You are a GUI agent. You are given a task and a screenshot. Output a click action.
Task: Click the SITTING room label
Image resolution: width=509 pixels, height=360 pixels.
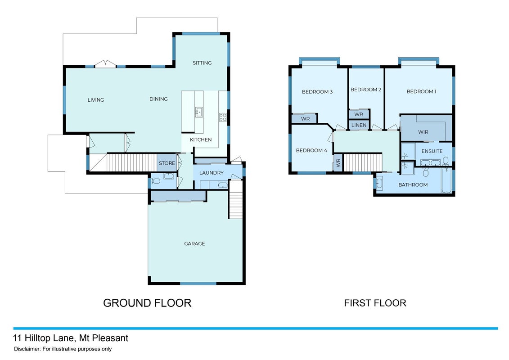coord(202,63)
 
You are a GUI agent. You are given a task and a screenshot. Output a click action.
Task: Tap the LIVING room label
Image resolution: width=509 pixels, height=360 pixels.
coord(96,100)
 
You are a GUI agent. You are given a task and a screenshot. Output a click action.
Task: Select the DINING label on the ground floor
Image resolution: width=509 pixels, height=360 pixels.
coord(158,99)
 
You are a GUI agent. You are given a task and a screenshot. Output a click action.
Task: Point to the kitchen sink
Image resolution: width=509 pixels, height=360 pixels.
coord(198,112)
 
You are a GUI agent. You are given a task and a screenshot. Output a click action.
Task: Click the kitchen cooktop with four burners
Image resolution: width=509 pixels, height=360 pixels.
coord(223,117)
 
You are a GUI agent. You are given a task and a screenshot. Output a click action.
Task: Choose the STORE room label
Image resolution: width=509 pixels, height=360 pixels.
coord(167,163)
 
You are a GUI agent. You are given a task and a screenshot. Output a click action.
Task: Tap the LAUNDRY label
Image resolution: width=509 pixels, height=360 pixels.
coord(212,173)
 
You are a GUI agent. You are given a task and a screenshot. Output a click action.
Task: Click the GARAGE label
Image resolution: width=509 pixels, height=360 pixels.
coord(194,243)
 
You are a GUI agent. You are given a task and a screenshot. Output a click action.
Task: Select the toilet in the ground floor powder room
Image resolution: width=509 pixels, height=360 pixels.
coord(155,181)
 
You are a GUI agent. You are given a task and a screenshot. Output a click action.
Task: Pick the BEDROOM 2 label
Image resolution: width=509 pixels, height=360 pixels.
coord(366,90)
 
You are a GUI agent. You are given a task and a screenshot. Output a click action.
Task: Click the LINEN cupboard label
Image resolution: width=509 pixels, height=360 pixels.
coord(359,125)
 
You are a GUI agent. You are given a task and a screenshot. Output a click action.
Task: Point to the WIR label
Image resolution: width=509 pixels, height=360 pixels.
coord(423,132)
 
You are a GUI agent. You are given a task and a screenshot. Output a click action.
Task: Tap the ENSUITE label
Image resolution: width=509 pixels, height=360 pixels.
coord(432,151)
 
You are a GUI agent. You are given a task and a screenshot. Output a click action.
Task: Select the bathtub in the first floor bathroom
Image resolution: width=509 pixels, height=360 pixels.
coord(447,181)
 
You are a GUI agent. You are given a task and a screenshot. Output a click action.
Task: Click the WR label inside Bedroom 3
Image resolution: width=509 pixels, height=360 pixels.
coord(305,119)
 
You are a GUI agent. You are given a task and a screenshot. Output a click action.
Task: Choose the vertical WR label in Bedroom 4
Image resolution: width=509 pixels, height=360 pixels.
coord(338,162)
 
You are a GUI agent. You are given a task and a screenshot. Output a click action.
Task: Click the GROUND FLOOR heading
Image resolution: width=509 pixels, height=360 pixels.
coord(147,303)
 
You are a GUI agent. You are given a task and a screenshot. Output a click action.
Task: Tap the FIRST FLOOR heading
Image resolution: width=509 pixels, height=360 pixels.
coord(375,303)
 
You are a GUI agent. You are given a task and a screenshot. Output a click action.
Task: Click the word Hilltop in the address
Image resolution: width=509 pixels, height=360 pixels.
coord(37,338)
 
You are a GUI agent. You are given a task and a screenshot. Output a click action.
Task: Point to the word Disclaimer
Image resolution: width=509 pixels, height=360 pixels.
coord(27,349)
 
